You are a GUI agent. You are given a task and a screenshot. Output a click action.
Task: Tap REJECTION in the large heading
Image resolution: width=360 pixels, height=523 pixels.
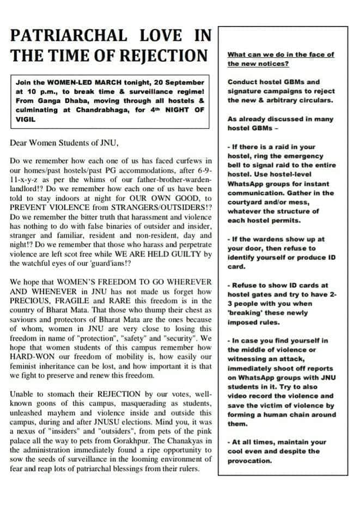pos(167,56)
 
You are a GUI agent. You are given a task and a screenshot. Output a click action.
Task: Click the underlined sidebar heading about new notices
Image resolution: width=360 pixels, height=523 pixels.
pos(280,59)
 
